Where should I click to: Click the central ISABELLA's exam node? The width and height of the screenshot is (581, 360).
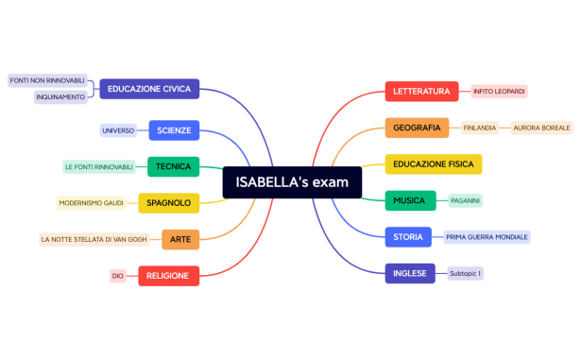point(292,182)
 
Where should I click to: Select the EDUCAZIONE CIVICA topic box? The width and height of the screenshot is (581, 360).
point(149,89)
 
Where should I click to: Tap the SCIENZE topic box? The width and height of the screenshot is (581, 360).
point(174,129)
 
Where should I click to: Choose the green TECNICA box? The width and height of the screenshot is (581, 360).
point(174,166)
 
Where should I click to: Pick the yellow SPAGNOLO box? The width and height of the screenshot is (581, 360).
point(169,203)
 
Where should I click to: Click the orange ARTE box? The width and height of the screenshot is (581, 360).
point(180,239)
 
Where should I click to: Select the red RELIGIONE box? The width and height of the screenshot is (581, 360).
point(169,276)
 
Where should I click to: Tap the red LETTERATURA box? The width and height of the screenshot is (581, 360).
point(421,91)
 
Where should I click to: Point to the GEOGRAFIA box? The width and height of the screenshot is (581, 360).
point(417,128)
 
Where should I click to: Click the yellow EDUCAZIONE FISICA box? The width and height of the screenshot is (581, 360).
point(433,164)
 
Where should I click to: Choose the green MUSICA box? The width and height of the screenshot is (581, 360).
point(410,200)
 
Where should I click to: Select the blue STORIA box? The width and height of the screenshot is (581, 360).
point(408,236)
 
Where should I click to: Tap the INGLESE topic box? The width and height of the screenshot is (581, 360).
point(410,273)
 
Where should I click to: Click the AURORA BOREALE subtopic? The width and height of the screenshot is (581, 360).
point(541,128)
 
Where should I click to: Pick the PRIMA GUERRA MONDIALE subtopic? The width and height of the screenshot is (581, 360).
point(487,236)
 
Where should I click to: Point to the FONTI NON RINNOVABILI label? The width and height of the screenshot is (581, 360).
point(47,80)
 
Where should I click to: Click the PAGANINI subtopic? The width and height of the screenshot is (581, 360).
point(465,200)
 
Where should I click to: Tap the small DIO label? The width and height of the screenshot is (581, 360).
point(118,276)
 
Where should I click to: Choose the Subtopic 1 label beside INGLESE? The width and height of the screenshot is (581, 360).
point(465,273)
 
